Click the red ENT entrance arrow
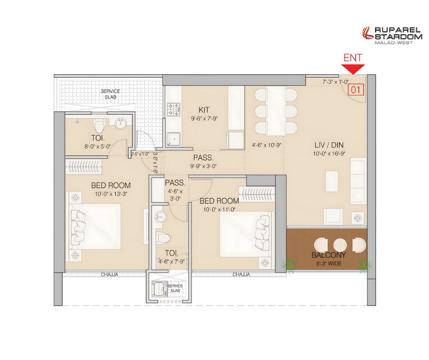coord(353,69)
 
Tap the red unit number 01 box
coord(356,90)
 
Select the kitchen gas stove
coord(174,109)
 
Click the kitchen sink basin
coord(173,139)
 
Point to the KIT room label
coord(204,110)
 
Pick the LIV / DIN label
coord(329,145)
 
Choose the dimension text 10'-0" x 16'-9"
coord(329,154)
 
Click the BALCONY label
coord(329,255)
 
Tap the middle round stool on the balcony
coord(340,245)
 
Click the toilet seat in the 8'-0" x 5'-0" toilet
coord(99,126)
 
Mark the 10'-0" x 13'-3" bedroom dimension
coord(111,194)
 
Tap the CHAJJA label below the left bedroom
coord(110,274)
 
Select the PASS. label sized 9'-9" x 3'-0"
coord(203,158)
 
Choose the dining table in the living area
coord(276,111)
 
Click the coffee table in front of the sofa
coord(332,181)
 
